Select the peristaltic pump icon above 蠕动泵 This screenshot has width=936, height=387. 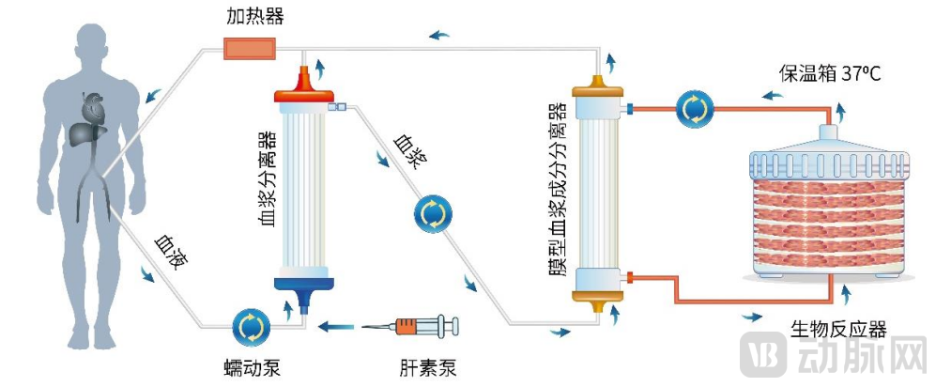pyautogui.click(x=251, y=327)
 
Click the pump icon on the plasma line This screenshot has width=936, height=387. pyautogui.click(x=432, y=214)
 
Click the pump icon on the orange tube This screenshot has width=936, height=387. pyautogui.click(x=695, y=110)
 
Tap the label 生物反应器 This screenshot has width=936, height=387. pyautogui.click(x=838, y=329)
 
